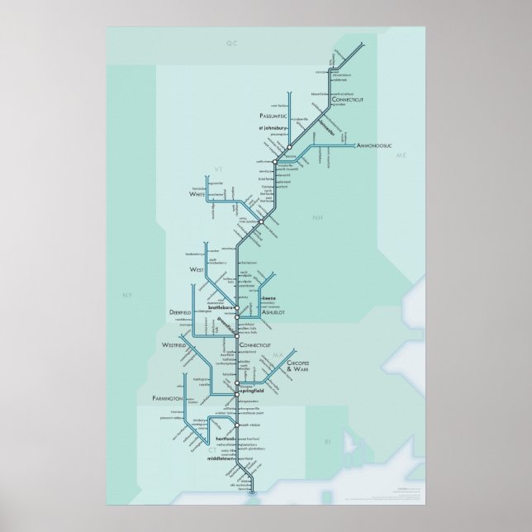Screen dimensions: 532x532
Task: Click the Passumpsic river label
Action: pyautogui.click(x=273, y=116)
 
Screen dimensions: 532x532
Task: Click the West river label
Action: pyautogui.click(x=196, y=269)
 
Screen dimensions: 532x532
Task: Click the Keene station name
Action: pyautogui.click(x=268, y=297)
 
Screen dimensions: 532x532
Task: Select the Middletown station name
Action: pyautogui.click(x=221, y=457)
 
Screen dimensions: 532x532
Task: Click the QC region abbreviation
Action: pyautogui.click(x=230, y=40)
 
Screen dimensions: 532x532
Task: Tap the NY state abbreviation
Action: pyautogui.click(x=126, y=295)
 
